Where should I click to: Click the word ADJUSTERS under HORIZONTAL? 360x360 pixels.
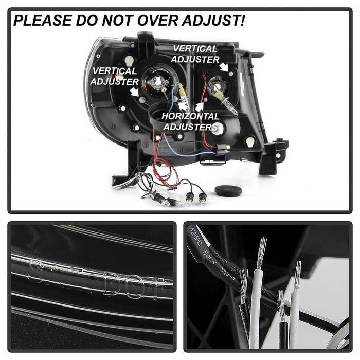190,127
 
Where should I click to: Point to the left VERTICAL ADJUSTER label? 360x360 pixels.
114,76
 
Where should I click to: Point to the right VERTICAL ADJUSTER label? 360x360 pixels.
195,54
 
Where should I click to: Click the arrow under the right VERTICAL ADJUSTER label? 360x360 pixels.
224,67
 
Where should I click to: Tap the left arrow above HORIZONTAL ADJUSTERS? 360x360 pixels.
183,105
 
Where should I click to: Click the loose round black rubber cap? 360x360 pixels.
228,191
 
